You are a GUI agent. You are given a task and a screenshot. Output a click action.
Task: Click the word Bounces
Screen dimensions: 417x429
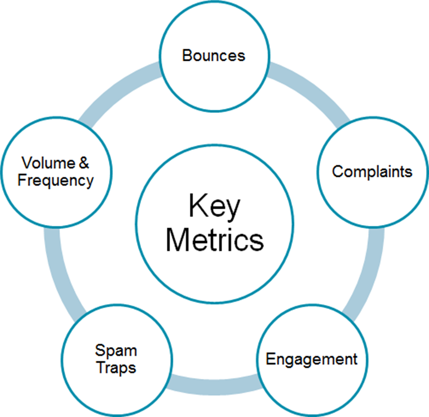tap(214, 56)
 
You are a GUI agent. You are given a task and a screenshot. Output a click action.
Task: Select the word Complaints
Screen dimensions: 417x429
tap(372, 171)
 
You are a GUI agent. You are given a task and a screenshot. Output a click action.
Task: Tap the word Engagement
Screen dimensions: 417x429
tap(311, 358)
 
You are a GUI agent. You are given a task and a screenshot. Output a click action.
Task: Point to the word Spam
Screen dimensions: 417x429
tap(116, 351)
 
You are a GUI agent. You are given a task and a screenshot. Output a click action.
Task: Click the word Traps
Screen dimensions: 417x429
tap(116, 368)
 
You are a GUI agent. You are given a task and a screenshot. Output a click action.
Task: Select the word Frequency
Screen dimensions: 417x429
tap(55, 180)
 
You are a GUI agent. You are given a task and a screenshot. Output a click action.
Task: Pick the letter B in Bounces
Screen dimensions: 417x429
tap(187, 56)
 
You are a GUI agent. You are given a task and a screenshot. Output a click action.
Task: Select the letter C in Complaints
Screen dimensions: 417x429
tap(338, 171)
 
